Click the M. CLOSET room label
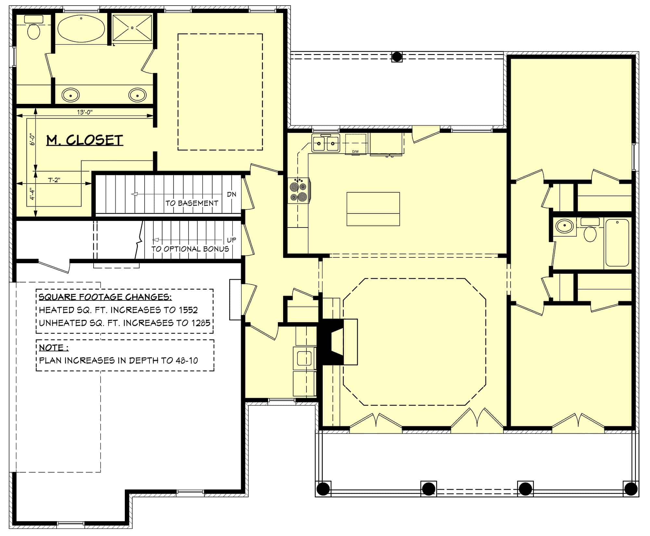pyautogui.click(x=84, y=140)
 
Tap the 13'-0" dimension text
pyautogui.click(x=85, y=112)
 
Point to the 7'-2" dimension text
pyautogui.click(x=54, y=180)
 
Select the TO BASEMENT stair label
pyautogui.click(x=192, y=203)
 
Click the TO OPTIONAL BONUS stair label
pyautogui.click(x=190, y=249)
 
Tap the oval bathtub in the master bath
pyautogui.click(x=81, y=28)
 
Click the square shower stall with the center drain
pyautogui.click(x=132, y=28)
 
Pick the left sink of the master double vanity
pyautogui.click(x=70, y=95)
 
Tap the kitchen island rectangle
pyautogui.click(x=373, y=209)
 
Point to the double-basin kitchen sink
pyautogui.click(x=326, y=143)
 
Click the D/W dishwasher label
pyautogui.click(x=355, y=152)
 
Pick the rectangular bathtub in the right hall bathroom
pyautogui.click(x=617, y=243)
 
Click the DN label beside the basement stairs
pyautogui.click(x=231, y=194)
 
